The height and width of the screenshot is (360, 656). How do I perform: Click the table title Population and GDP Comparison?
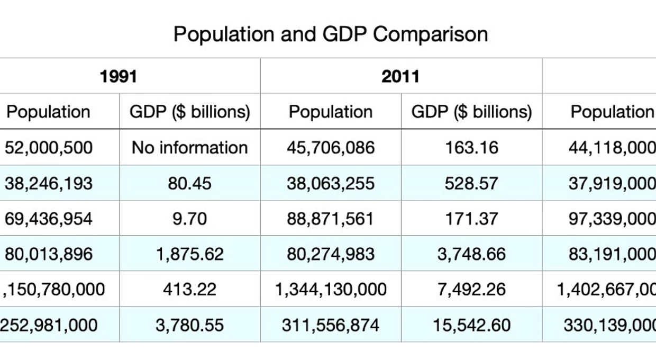tap(331, 34)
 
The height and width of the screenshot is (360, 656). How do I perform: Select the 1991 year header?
tap(119, 77)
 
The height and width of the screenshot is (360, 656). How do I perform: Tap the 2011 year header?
tap(400, 77)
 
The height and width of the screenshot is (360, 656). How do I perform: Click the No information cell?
tap(190, 148)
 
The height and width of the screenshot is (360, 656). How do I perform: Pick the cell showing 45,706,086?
tap(331, 148)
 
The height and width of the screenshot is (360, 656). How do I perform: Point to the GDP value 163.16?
tap(471, 148)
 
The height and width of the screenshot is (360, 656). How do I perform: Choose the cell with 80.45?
tap(189, 184)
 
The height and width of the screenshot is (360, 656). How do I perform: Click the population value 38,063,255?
tap(331, 184)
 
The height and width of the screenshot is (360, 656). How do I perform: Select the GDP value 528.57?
tap(471, 184)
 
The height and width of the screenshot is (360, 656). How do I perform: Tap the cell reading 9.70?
tap(189, 219)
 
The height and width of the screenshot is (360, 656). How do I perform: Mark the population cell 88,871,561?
tap(330, 219)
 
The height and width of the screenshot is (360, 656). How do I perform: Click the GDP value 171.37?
tap(471, 219)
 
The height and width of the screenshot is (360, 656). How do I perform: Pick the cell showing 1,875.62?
tap(190, 254)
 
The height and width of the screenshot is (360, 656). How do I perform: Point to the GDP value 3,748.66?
tap(471, 254)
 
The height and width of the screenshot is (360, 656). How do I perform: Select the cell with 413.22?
tap(189, 290)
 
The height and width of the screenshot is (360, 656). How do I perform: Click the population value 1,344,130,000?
tap(331, 290)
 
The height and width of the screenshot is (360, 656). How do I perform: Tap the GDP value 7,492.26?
tap(471, 290)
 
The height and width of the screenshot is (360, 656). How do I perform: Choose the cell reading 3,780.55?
tap(189, 325)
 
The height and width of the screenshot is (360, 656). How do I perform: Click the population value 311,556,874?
tap(330, 325)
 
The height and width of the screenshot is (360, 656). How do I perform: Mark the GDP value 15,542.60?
tap(471, 325)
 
